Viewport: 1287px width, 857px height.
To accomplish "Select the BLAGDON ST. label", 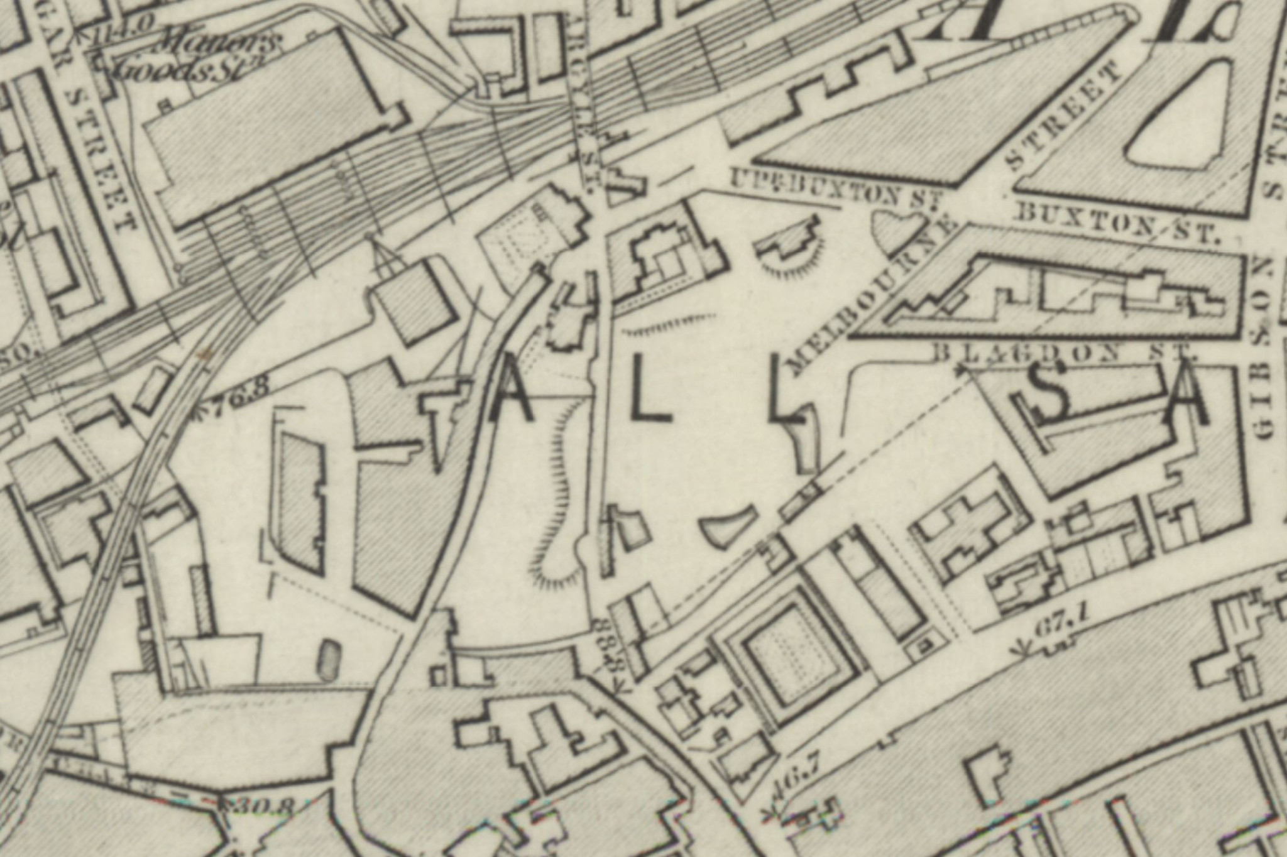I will [1062, 352].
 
